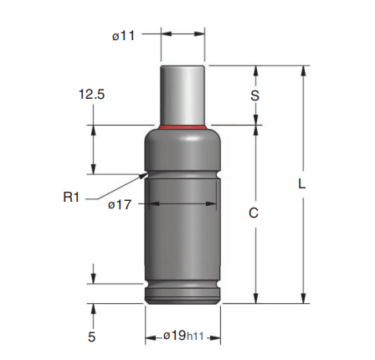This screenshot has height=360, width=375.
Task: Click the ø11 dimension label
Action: tap(123, 36)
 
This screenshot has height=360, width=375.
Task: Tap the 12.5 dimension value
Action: tap(92, 94)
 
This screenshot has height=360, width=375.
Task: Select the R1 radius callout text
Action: tap(71, 198)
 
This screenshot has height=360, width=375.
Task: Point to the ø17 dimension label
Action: tap(120, 205)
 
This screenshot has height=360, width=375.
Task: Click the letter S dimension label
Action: tap(254, 95)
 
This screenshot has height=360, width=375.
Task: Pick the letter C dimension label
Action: tap(254, 213)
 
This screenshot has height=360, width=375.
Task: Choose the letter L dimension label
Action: tap(302, 183)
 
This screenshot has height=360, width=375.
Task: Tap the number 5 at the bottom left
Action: tap(91, 337)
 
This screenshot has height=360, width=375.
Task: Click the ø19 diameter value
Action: tap(175, 335)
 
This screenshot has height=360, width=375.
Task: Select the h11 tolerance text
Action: tap(195, 337)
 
